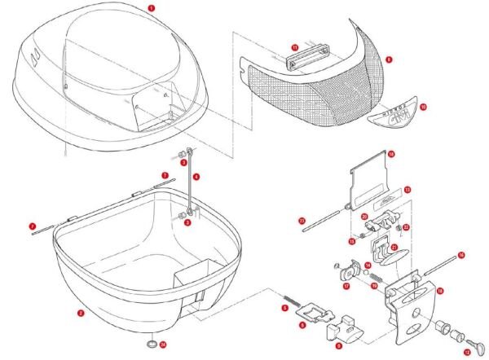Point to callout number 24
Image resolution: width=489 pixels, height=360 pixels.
tap(163, 345)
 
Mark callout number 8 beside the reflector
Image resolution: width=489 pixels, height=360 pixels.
tap(390, 59)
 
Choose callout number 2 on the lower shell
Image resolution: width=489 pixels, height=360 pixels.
tap(80, 312)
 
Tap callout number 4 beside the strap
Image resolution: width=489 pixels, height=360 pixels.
tap(196, 177)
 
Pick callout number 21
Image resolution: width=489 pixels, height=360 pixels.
tap(394, 247)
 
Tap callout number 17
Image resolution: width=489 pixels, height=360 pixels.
tap(346, 286)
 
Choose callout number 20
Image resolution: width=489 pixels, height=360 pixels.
tap(364, 217)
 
